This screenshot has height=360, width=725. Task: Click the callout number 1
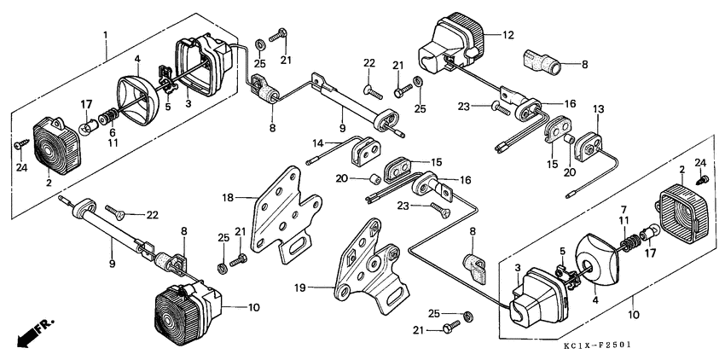tap(105, 35)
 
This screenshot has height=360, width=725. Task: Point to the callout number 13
tap(598, 109)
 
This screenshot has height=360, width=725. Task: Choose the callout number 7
tap(623, 209)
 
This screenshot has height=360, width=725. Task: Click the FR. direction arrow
tap(32, 333)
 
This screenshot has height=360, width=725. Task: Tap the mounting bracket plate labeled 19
tap(367, 264)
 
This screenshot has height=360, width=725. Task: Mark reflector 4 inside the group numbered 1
tap(136, 90)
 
